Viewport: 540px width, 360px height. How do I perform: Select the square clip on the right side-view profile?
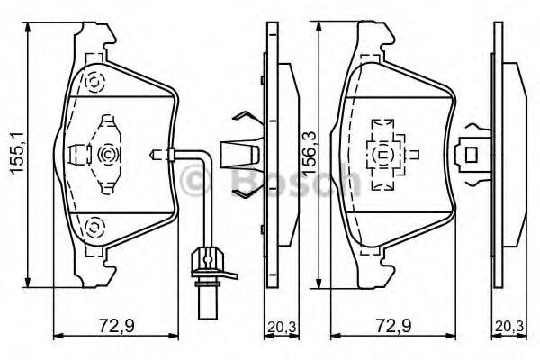tap(469, 155)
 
